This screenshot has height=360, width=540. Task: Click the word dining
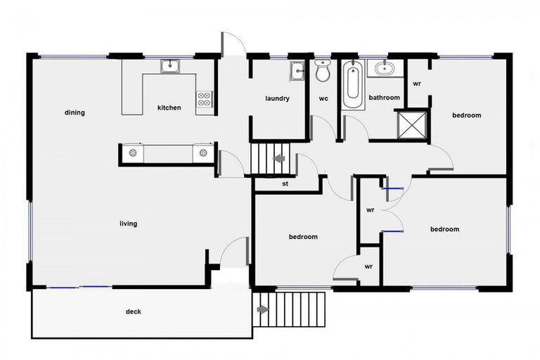tap(75, 112)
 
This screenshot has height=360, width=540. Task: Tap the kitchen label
tap(169, 108)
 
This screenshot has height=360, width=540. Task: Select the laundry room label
tap(277, 98)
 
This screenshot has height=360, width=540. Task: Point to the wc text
tap(323, 98)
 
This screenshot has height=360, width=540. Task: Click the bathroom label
tap(384, 98)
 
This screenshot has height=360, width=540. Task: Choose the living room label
tap(128, 224)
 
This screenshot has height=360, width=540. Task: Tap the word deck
tap(134, 311)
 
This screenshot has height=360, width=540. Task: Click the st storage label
tap(285, 184)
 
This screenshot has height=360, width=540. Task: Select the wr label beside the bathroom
tap(417, 83)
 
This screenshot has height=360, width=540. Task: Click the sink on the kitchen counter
tap(169, 67)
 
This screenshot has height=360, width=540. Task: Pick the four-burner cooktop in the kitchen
tap(205, 99)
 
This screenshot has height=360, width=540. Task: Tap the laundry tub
tap(297, 70)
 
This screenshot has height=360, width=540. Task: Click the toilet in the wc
tap(323, 72)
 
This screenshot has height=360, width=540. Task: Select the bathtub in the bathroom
tap(352, 86)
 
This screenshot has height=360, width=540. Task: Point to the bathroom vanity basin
tap(385, 69)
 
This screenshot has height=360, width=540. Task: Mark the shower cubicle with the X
tap(411, 125)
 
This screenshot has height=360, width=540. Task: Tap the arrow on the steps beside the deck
tap(263, 309)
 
